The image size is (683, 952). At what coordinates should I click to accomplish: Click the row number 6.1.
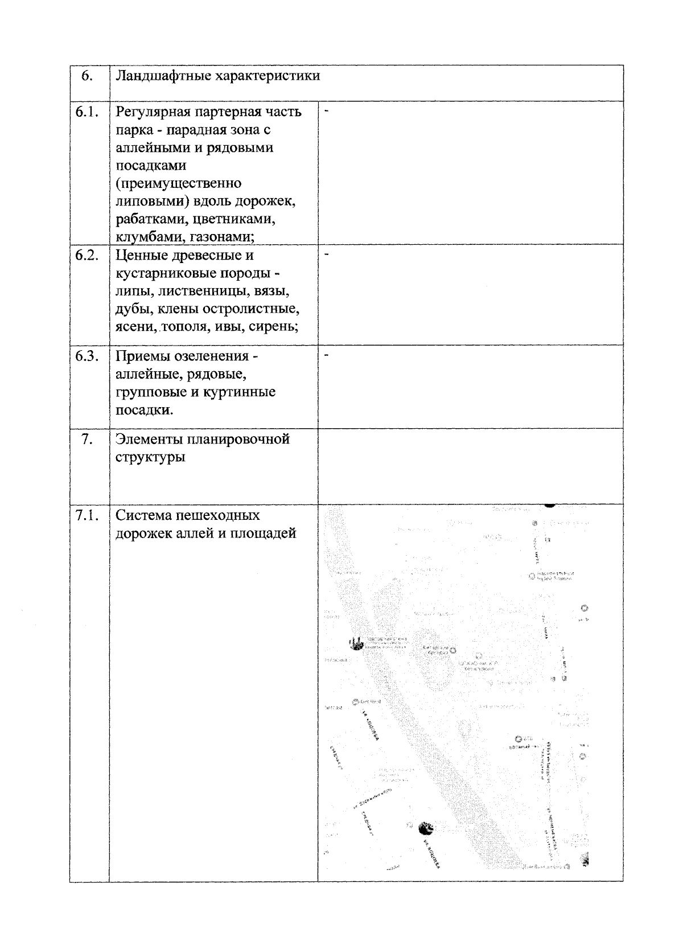(x=87, y=112)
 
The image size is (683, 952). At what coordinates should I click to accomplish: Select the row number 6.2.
(x=87, y=255)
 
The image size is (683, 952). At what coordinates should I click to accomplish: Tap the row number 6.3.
(x=87, y=356)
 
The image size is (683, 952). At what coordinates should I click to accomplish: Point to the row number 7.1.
(x=87, y=515)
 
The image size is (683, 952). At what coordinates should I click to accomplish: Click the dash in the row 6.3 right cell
(x=327, y=355)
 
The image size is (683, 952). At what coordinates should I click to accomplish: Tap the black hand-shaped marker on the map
(x=357, y=643)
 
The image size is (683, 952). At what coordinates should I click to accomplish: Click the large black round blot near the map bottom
(x=425, y=828)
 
